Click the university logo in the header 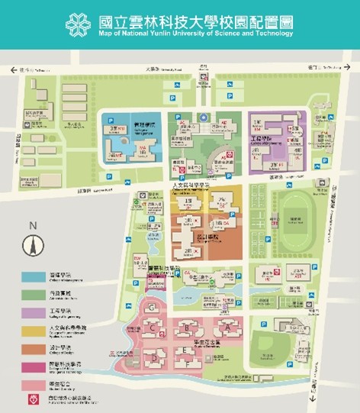pyautogui.click(x=79, y=23)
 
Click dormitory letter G pyautogui.click(x=153, y=307)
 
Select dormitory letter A pyautogui.click(x=226, y=324)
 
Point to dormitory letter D pyautogui.click(x=154, y=357)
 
